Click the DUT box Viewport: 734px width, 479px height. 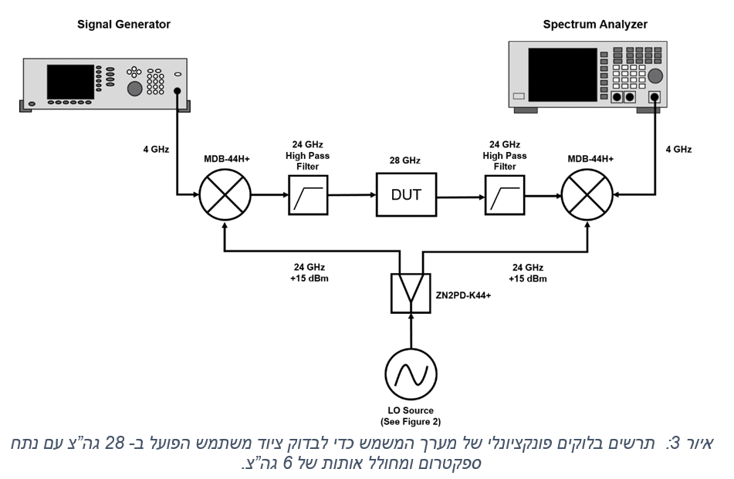[406, 194]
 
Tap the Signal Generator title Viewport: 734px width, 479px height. [123, 25]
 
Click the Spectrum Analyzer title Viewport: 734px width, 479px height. [595, 25]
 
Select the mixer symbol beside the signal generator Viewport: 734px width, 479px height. [225, 194]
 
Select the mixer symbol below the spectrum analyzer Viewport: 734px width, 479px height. [586, 194]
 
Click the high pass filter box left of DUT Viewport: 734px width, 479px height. [309, 194]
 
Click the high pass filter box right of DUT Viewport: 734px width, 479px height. [505, 194]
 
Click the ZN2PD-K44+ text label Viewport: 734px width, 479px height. [463, 295]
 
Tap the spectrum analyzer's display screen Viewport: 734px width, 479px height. [562, 74]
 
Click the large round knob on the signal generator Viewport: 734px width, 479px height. [134, 88]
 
